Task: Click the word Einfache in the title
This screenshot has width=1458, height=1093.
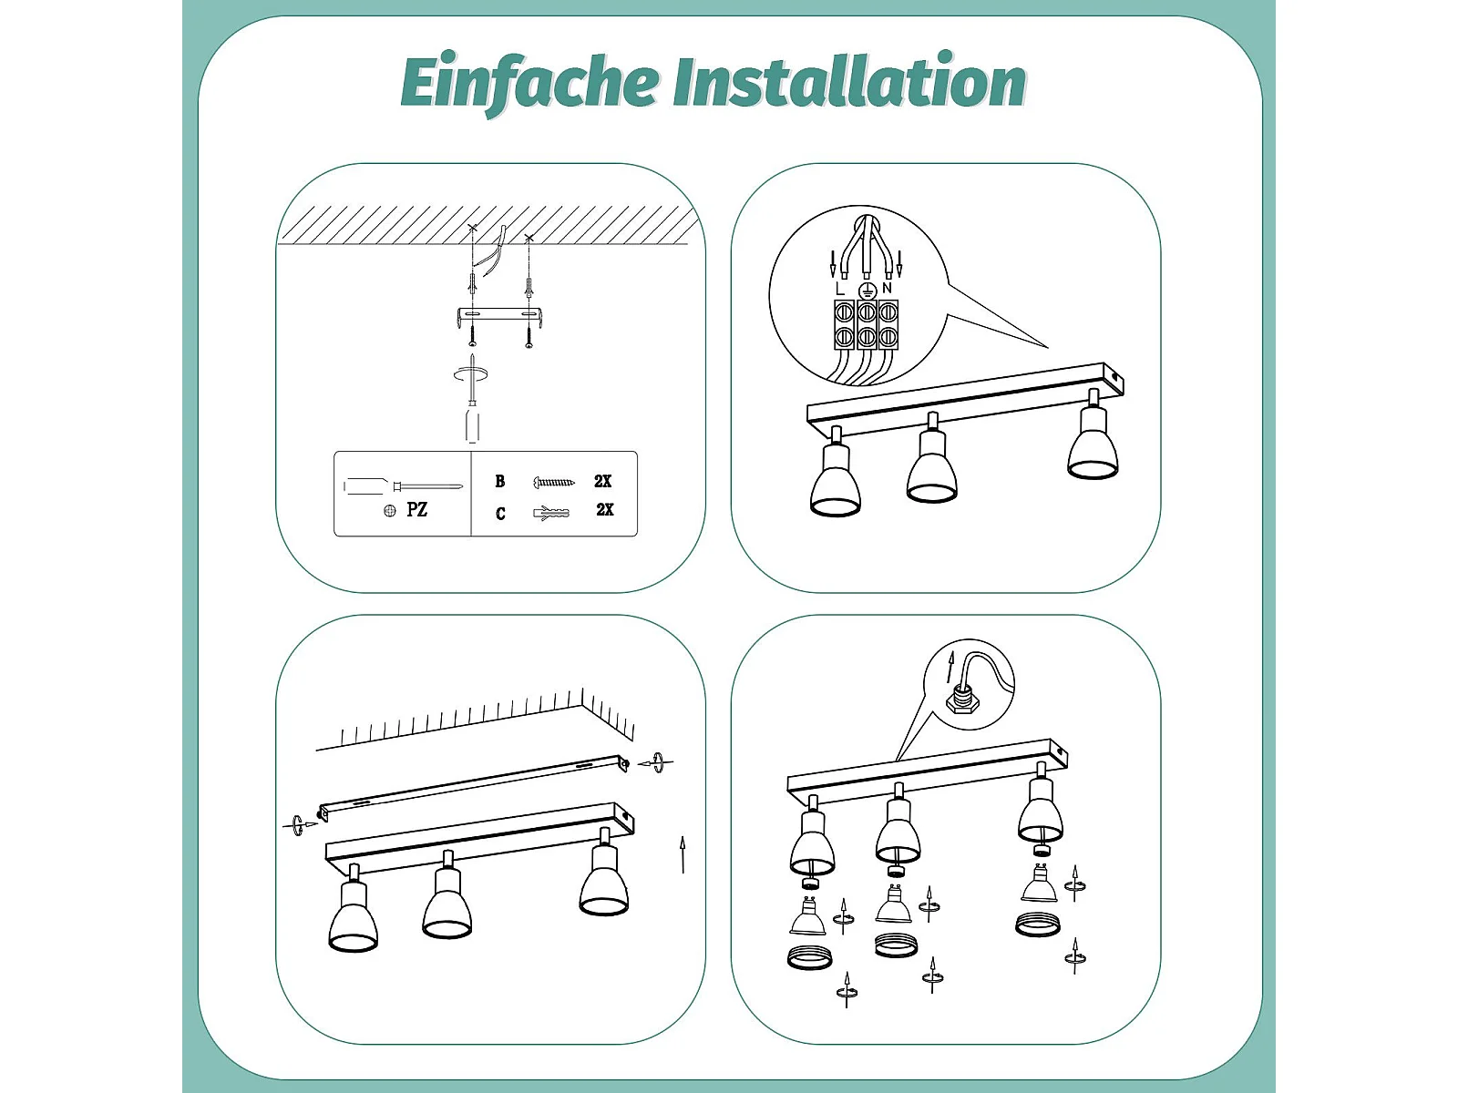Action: pyautogui.click(x=529, y=83)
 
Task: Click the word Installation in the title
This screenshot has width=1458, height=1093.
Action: pyautogui.click(x=850, y=81)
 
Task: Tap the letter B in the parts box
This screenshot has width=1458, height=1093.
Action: pyautogui.click(x=500, y=481)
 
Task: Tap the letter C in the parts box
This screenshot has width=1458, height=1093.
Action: pyautogui.click(x=500, y=513)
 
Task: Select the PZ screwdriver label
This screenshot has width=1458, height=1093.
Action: pyautogui.click(x=416, y=510)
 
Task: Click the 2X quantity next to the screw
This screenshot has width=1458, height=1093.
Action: pyautogui.click(x=602, y=481)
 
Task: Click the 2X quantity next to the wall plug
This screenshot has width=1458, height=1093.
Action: pyautogui.click(x=604, y=510)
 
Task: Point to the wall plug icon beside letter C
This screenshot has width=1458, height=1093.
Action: pyautogui.click(x=551, y=512)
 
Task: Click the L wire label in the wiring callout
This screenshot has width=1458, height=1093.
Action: pyautogui.click(x=840, y=289)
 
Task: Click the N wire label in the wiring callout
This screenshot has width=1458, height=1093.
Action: pyautogui.click(x=887, y=289)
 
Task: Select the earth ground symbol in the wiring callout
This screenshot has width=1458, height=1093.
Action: pyautogui.click(x=866, y=290)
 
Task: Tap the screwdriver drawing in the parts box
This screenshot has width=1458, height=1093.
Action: pyautogui.click(x=403, y=486)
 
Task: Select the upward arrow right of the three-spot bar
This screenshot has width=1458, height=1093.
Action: pyautogui.click(x=683, y=854)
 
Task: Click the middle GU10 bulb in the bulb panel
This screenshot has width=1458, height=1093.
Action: pyautogui.click(x=893, y=904)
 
